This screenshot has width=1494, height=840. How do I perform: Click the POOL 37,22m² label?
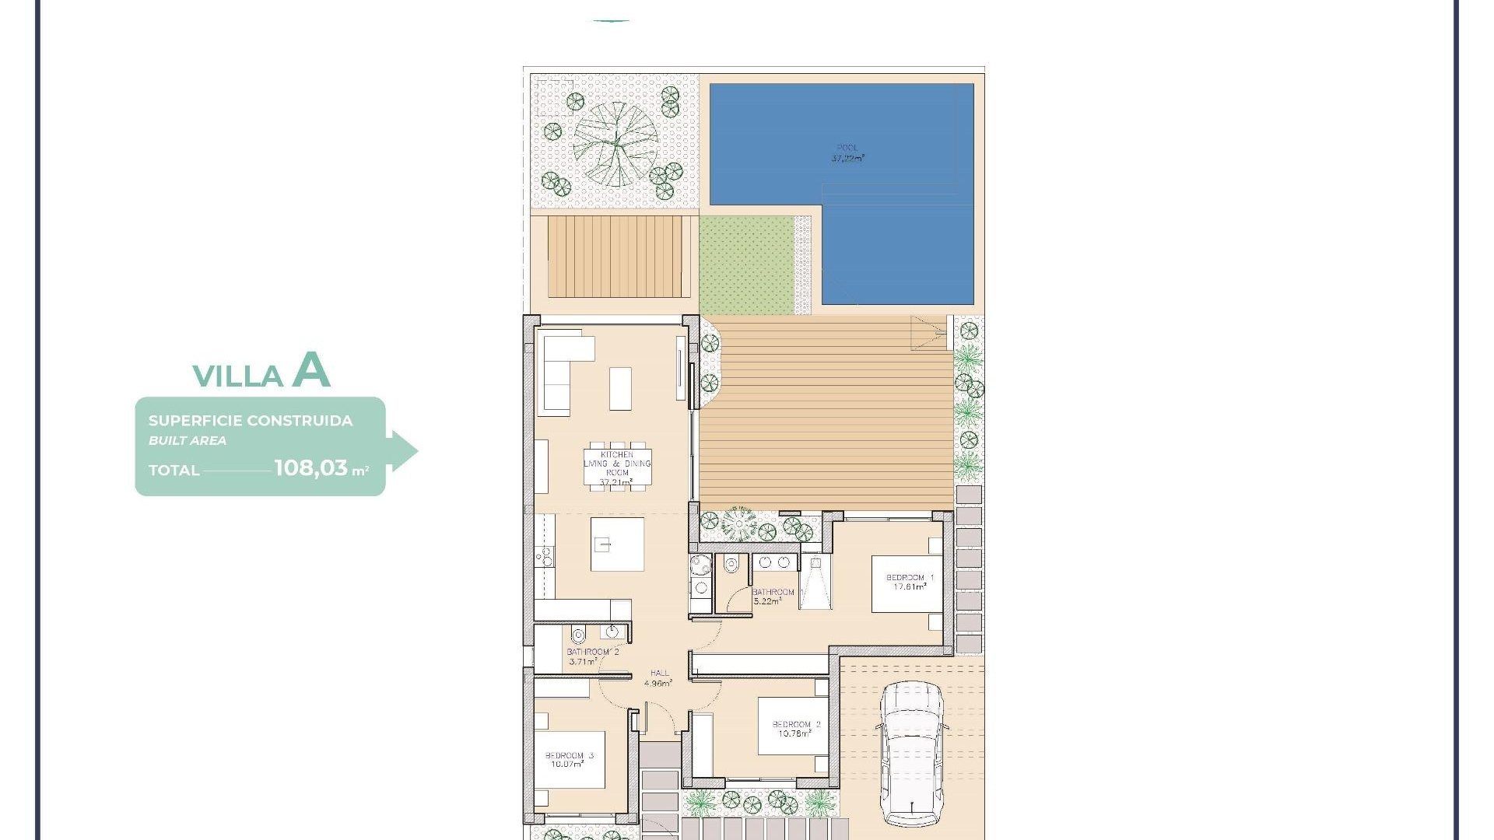[x=847, y=153]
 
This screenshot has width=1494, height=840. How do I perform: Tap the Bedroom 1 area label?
[x=909, y=583]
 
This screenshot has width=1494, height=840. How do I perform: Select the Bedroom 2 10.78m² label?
[x=795, y=729]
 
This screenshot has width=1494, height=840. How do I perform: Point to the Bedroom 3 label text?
[x=569, y=760]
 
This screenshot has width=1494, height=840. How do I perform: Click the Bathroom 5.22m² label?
[x=773, y=597]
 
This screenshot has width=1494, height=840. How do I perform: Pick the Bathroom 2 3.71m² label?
[x=591, y=656]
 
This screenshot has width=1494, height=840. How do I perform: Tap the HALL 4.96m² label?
[x=658, y=678]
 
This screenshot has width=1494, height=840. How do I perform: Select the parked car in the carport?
[x=913, y=753]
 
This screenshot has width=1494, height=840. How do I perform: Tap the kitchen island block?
[x=617, y=544]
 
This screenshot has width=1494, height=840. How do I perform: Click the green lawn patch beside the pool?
[x=745, y=265]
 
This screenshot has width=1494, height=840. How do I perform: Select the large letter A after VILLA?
[x=311, y=370]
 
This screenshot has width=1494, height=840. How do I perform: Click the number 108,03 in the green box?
[x=310, y=467]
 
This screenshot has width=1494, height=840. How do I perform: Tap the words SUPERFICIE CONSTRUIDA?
[x=251, y=421]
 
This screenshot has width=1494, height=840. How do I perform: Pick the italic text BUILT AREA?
[x=188, y=440]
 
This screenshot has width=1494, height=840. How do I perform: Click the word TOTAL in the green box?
[x=174, y=470]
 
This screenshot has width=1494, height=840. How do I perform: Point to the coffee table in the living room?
[x=620, y=388]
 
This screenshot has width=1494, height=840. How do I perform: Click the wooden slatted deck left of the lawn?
[x=619, y=257]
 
